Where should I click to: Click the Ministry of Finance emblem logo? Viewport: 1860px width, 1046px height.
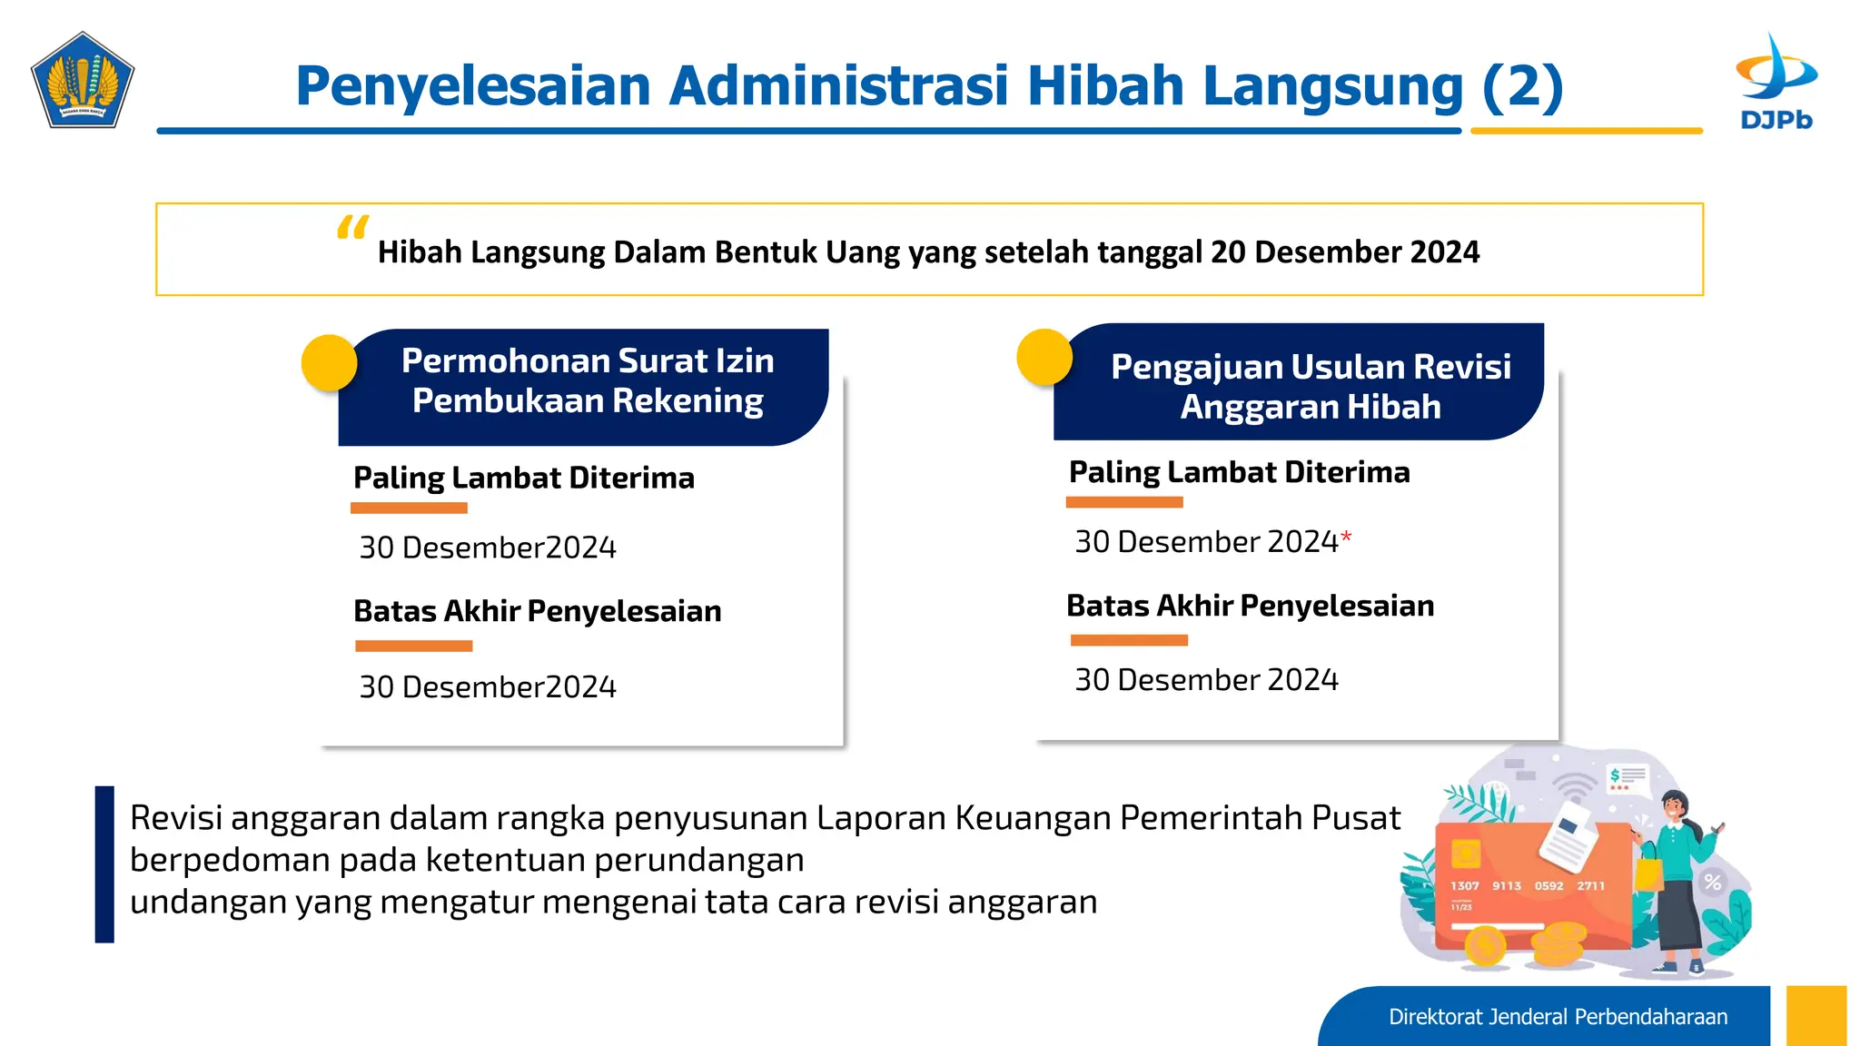coord(83,80)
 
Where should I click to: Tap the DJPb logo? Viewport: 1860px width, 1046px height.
coord(1776,82)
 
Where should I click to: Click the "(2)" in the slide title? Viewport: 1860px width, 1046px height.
coord(1522,86)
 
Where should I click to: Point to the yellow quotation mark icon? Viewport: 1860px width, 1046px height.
coord(352,227)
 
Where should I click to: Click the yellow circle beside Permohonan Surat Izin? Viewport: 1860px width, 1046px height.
coord(329,362)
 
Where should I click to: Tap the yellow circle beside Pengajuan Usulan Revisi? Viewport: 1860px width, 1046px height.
coord(1044,357)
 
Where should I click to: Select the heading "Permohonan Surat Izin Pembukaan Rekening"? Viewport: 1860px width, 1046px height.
coord(588,381)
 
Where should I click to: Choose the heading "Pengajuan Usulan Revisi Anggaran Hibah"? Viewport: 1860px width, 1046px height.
coord(1311,387)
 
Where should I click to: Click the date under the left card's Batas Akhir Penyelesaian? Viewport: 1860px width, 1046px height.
coord(488,687)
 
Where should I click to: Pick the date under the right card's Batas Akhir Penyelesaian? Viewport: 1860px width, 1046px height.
coord(1206,680)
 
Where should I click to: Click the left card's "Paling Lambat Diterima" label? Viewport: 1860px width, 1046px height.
coord(524,479)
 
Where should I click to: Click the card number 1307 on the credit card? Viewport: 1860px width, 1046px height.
coord(1464,886)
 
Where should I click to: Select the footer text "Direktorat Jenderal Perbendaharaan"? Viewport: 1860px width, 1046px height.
coord(1558,1017)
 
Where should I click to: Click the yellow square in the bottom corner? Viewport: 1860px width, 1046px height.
coord(1815,1016)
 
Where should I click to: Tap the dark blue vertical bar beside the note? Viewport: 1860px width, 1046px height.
coord(105,863)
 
